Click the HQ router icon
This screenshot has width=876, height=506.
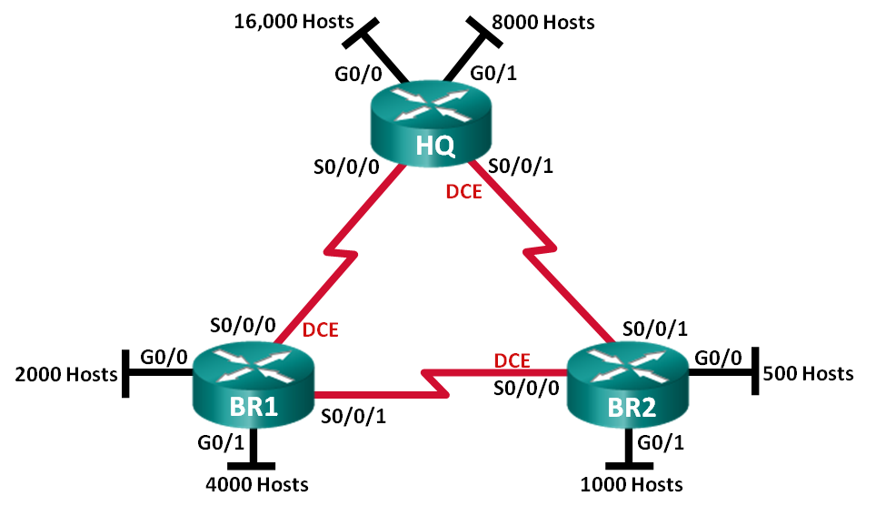coord(430,124)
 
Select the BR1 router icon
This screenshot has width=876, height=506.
coord(254,385)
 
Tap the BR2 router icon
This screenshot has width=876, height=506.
coord(628,385)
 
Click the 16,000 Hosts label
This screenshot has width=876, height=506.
coord(294,22)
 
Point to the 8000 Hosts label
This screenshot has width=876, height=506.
coord(543,23)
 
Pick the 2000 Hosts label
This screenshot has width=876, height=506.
coord(66,374)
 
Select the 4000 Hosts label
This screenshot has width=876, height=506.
coord(257,484)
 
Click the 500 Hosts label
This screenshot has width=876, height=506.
coord(808,373)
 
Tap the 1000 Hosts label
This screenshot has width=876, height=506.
coord(632,484)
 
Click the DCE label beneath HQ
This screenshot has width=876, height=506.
coord(463,192)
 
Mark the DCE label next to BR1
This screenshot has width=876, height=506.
coord(320,330)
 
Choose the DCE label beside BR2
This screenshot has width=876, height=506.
coord(512,360)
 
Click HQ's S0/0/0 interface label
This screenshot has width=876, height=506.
coord(346,167)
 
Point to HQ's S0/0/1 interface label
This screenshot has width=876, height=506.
coord(521,166)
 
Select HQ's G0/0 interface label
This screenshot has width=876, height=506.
coord(358,74)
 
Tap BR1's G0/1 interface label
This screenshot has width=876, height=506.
coord(221,442)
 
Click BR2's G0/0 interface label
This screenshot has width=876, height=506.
coord(718,358)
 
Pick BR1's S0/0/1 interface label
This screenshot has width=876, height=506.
coord(353,416)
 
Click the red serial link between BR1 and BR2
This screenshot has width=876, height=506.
coord(441,383)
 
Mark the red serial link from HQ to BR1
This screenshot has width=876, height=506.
coord(340,254)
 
